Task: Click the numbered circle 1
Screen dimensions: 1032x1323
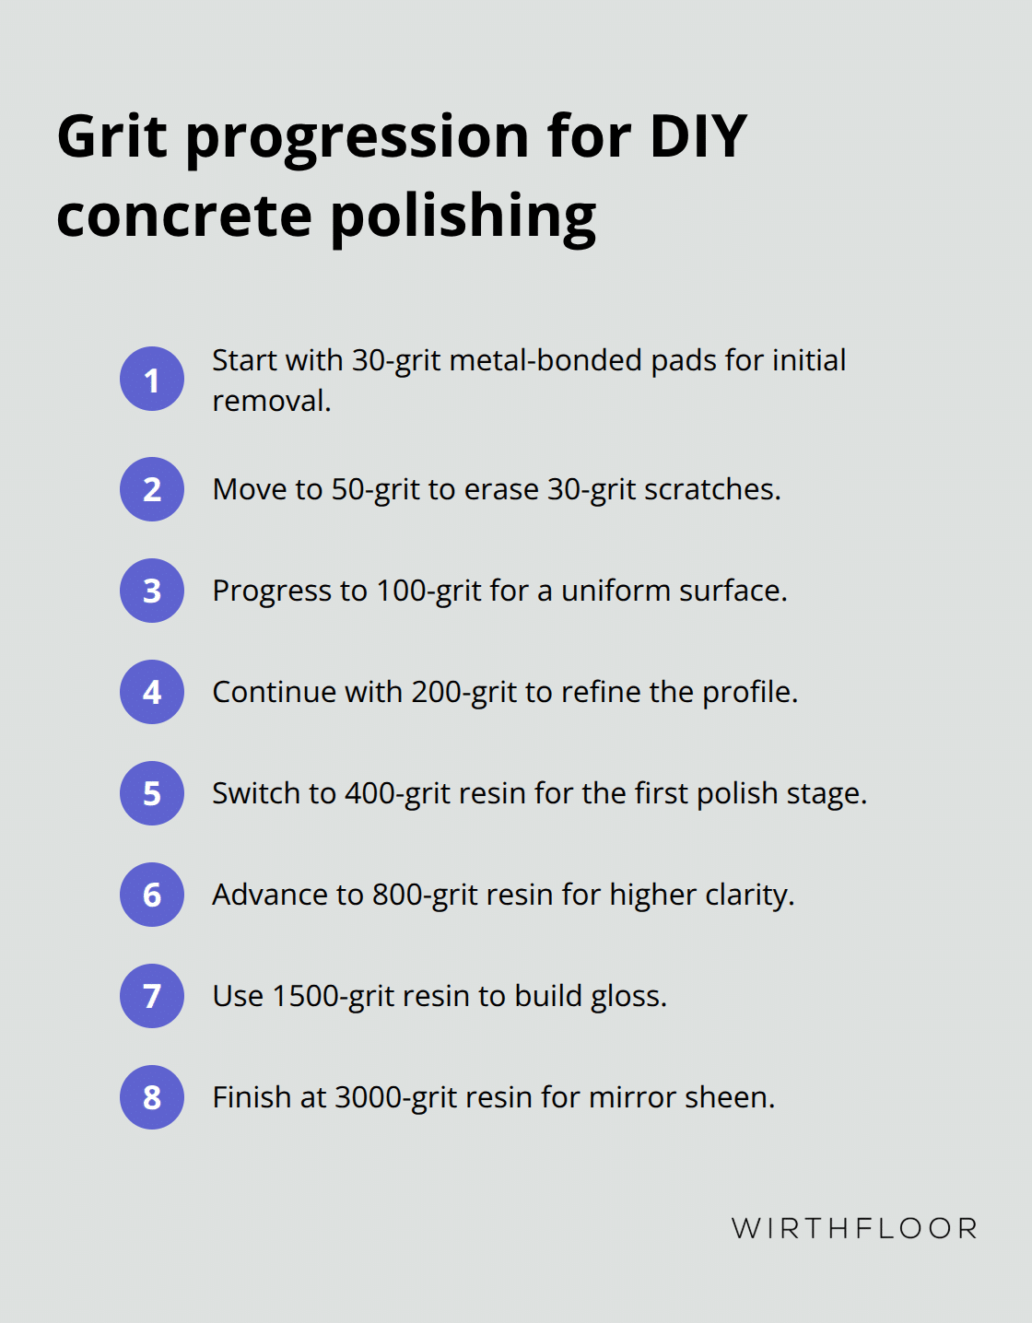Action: tap(152, 379)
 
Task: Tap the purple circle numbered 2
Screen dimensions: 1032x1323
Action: tap(152, 489)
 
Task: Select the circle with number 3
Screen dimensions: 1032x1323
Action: tap(152, 591)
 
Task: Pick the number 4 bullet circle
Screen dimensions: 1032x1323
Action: tap(152, 692)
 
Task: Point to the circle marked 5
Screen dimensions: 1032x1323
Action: tap(152, 793)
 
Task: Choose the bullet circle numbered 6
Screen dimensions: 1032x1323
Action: tap(152, 895)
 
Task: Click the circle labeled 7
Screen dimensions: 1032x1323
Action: tap(152, 996)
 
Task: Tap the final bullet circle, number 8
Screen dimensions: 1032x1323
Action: tap(152, 1097)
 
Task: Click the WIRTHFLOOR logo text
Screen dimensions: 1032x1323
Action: tap(854, 1229)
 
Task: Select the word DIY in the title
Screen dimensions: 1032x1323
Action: tap(698, 136)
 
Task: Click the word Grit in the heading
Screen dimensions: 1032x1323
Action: tap(112, 136)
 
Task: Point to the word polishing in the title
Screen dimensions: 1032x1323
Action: tap(463, 217)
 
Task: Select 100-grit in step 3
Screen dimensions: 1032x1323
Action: tap(428, 591)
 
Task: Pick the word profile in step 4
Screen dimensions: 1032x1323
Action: tap(750, 693)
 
